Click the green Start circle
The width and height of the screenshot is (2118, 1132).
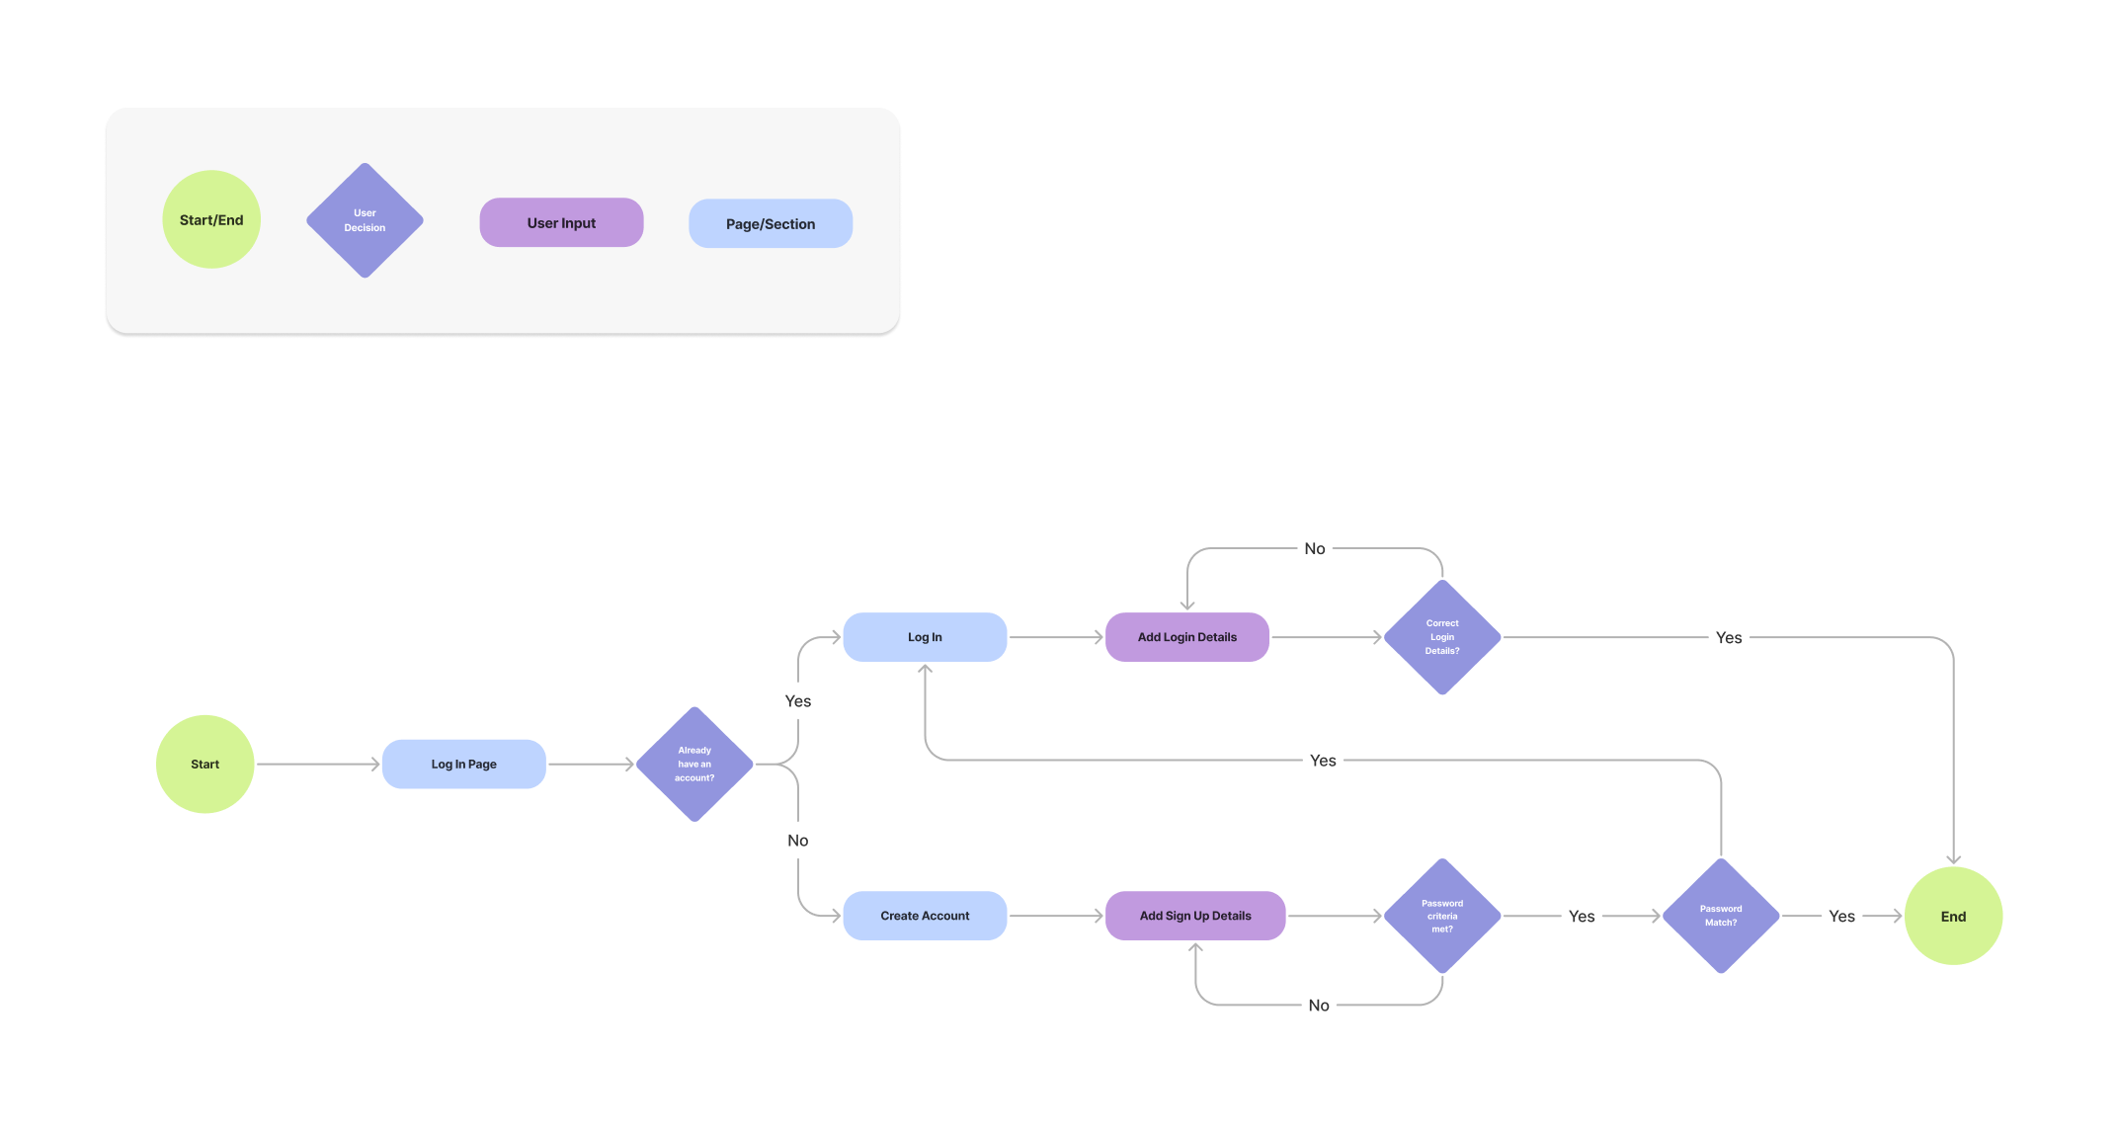click(204, 764)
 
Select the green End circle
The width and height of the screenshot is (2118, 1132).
click(1953, 916)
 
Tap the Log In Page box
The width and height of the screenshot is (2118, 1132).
click(463, 764)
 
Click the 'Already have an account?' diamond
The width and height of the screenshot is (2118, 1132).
click(694, 764)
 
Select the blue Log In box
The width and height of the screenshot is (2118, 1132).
click(925, 637)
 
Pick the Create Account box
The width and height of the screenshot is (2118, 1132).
click(925, 916)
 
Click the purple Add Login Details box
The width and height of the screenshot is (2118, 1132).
click(1186, 637)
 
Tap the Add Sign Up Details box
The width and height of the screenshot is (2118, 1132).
click(1194, 916)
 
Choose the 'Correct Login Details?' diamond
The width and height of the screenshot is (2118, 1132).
click(1442, 637)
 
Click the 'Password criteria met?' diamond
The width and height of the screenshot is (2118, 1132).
click(1442, 916)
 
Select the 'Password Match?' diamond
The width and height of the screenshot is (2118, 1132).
click(1721, 916)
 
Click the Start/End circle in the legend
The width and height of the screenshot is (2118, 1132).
click(211, 219)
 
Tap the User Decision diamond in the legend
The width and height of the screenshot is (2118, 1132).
click(365, 220)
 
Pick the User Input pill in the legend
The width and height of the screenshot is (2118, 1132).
click(561, 222)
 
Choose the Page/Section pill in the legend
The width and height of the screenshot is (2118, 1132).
click(771, 223)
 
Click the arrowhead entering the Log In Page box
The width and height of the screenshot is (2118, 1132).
click(375, 764)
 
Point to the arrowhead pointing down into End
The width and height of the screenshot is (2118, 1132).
click(1953, 859)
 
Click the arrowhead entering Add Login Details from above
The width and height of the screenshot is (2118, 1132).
click(1187, 605)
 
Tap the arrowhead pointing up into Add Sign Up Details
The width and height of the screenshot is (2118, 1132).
click(1195, 948)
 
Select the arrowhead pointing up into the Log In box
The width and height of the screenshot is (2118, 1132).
click(925, 670)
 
